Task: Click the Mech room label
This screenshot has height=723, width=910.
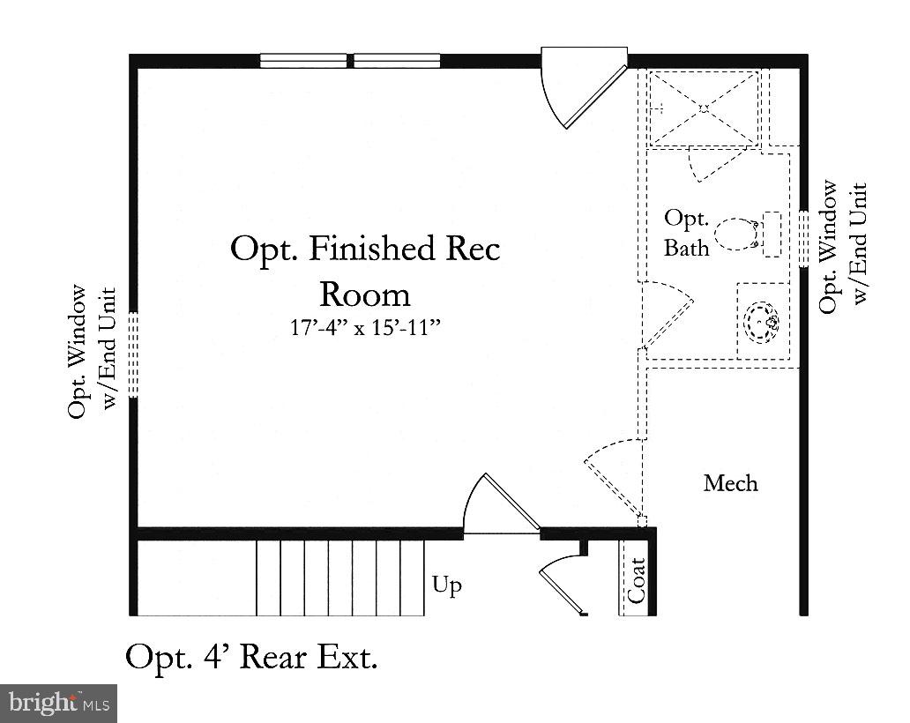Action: click(x=730, y=483)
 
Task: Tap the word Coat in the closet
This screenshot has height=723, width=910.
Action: click(x=637, y=579)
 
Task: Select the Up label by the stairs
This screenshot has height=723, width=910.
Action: click(x=447, y=585)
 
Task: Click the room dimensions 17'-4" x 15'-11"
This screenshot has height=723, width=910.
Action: click(x=365, y=328)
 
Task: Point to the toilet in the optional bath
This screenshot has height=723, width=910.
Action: click(x=738, y=235)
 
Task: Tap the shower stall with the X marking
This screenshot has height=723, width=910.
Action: click(x=704, y=108)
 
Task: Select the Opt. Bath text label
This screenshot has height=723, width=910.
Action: click(x=687, y=233)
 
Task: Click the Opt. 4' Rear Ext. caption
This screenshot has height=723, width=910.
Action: click(x=251, y=657)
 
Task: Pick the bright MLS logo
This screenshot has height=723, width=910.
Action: click(x=58, y=703)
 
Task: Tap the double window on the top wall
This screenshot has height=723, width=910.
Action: click(x=350, y=61)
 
